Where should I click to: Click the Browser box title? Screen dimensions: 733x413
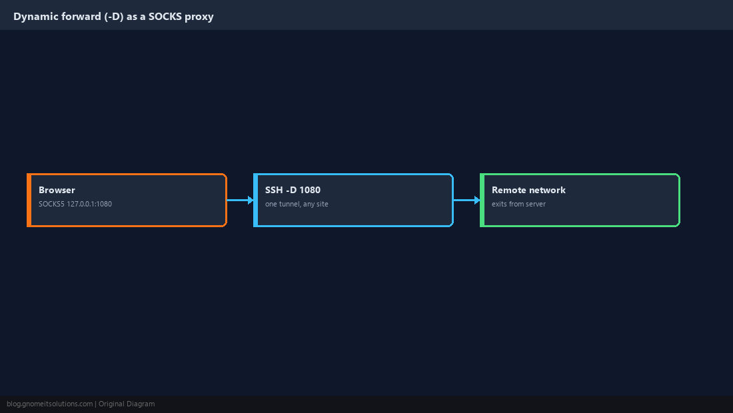pos(57,190)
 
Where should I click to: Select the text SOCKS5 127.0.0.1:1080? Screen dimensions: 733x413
pos(75,204)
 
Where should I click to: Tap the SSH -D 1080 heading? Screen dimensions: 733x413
pos(293,190)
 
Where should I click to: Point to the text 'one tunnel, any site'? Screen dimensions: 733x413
pos(297,204)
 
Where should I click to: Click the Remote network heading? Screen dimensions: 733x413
pos(528,190)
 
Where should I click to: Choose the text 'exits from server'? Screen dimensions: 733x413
pos(518,204)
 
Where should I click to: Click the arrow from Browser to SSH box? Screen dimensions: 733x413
pos(241,200)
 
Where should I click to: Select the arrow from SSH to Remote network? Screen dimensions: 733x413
pos(467,200)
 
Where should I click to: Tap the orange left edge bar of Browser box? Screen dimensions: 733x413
pos(29,200)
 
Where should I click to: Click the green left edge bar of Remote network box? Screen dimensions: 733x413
pos(482,200)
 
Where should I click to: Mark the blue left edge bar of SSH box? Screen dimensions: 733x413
pos(255,200)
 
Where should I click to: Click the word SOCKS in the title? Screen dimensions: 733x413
pos(165,17)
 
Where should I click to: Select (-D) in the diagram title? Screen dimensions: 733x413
pos(113,17)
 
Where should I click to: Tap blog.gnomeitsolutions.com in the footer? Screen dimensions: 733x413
pos(49,404)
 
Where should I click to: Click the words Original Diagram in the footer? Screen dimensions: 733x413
pos(127,404)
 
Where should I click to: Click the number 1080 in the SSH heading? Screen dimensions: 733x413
pos(310,190)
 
